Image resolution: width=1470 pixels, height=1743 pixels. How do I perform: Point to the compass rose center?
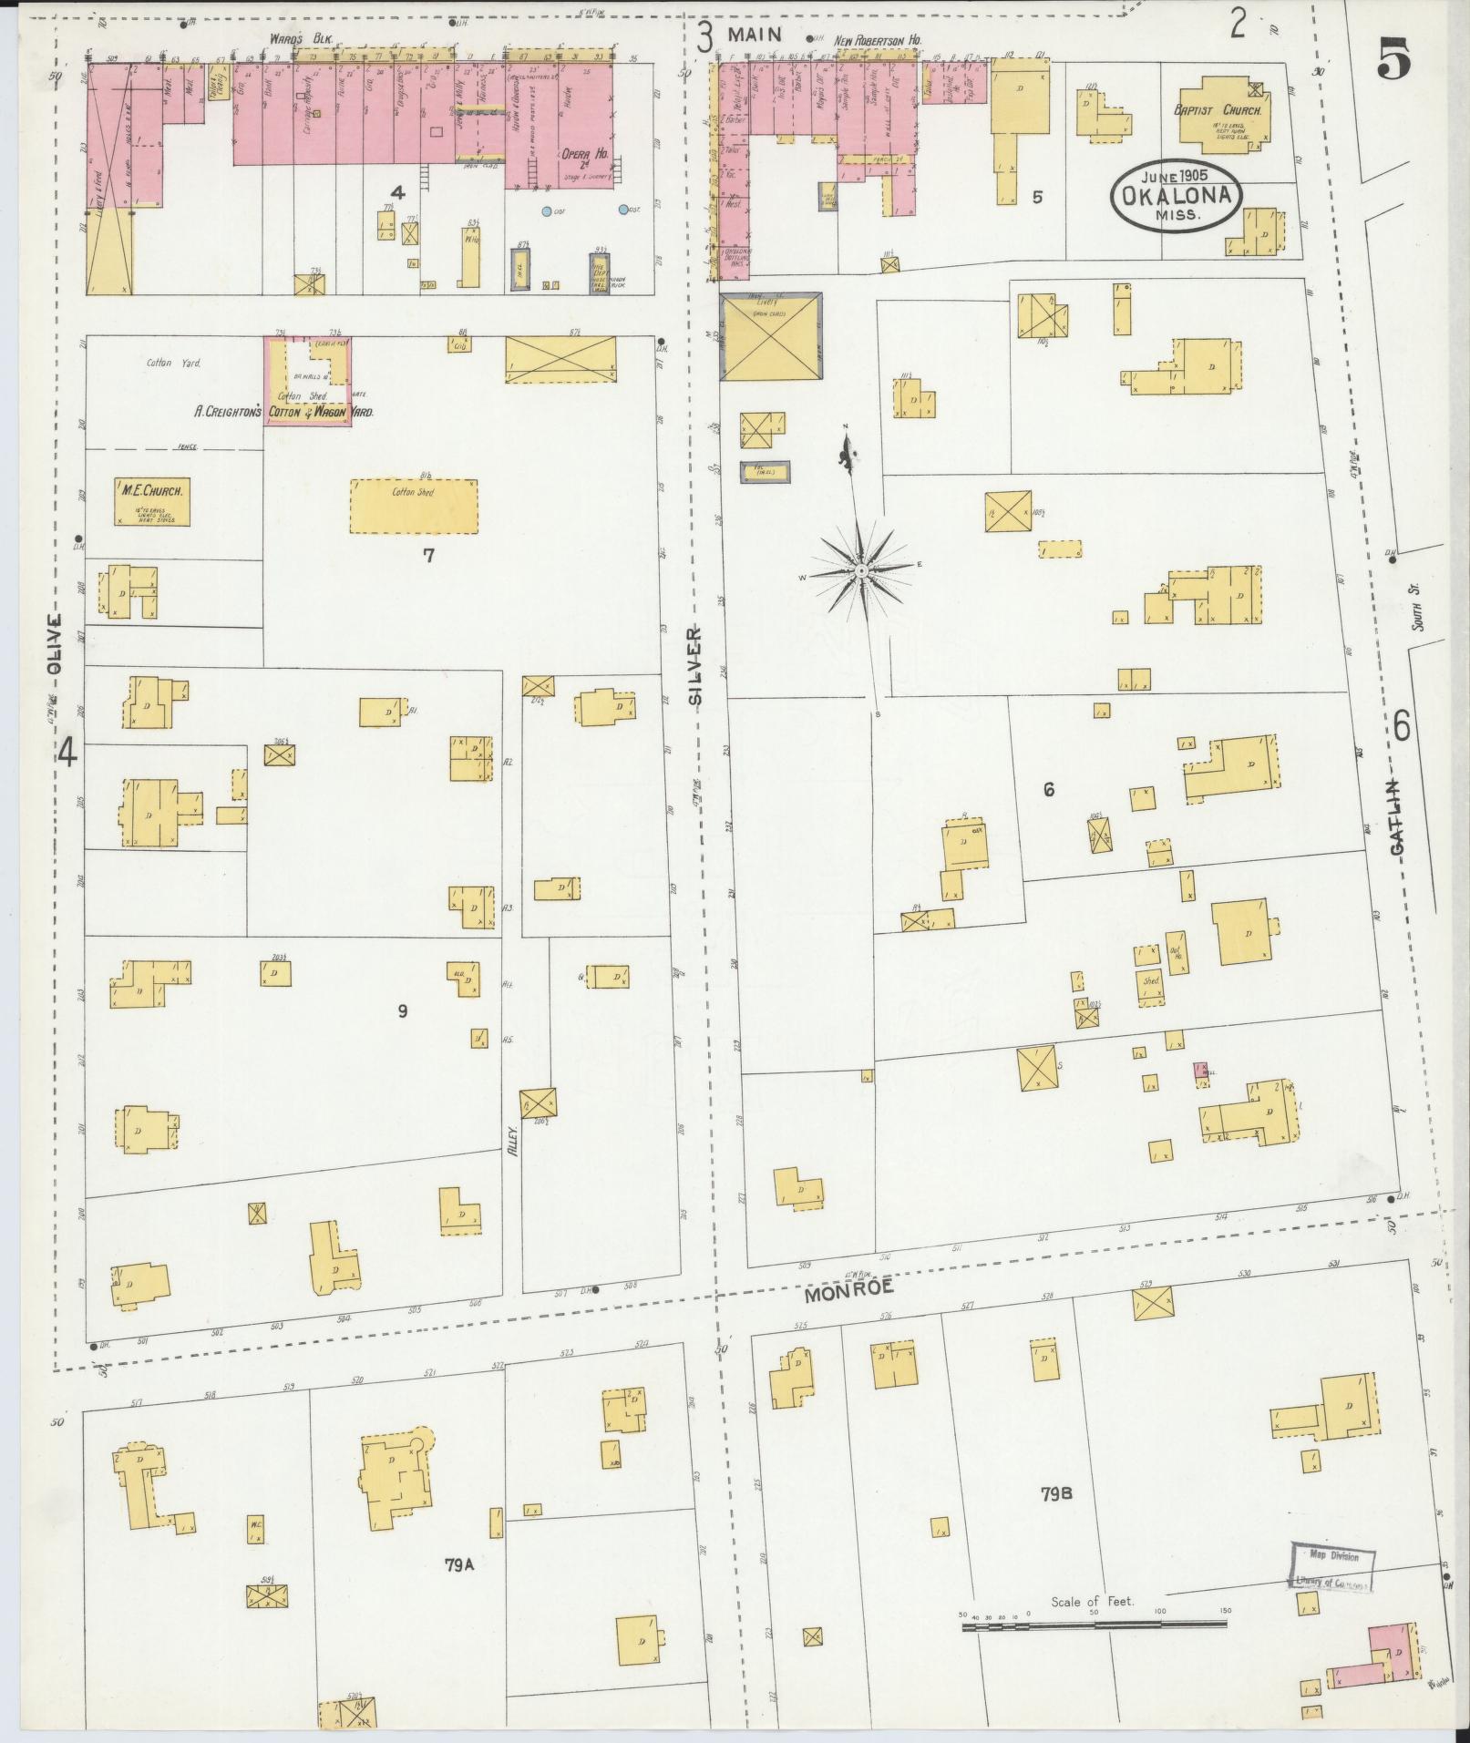click(861, 570)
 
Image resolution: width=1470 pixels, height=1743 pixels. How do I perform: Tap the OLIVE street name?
click(54, 643)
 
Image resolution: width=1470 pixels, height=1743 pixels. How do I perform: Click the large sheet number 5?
click(1395, 61)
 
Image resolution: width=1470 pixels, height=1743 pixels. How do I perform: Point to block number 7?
click(427, 555)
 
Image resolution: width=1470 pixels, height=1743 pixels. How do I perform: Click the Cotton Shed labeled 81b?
click(414, 506)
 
